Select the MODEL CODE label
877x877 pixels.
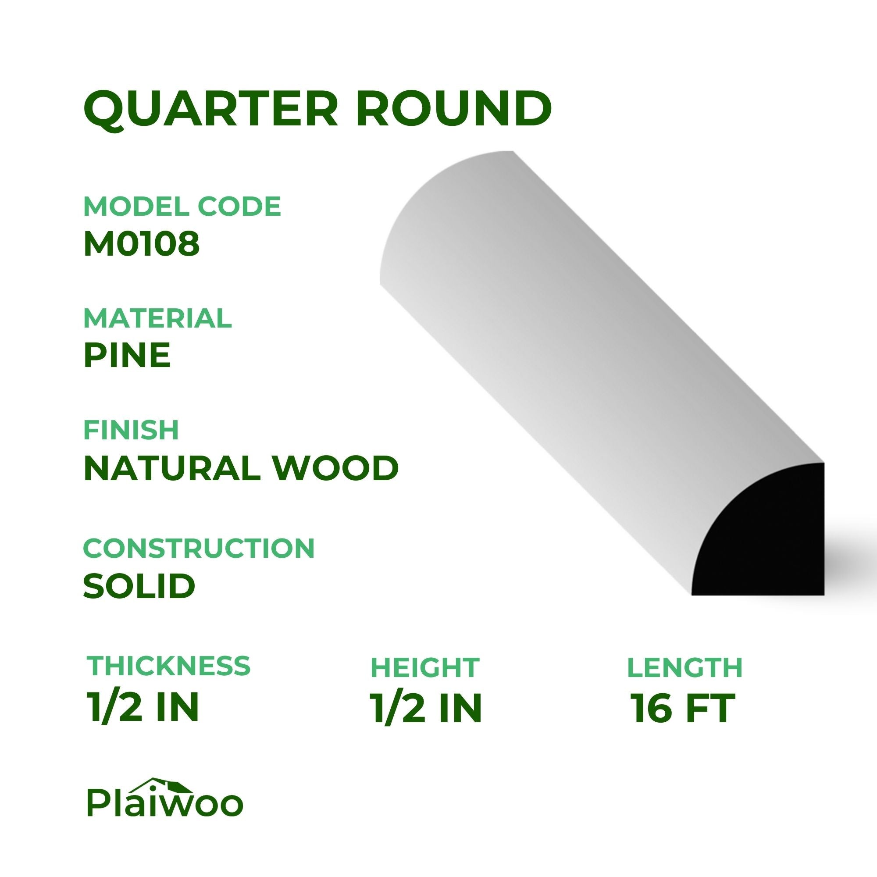[182, 207]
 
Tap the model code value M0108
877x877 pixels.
[141, 244]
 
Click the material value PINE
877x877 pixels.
[127, 356]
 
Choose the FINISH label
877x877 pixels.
[131, 430]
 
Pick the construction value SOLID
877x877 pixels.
[139, 585]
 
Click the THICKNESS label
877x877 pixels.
[168, 666]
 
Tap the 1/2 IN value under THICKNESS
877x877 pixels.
[143, 708]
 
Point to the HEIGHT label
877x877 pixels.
[425, 667]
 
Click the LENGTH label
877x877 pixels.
[684, 667]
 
